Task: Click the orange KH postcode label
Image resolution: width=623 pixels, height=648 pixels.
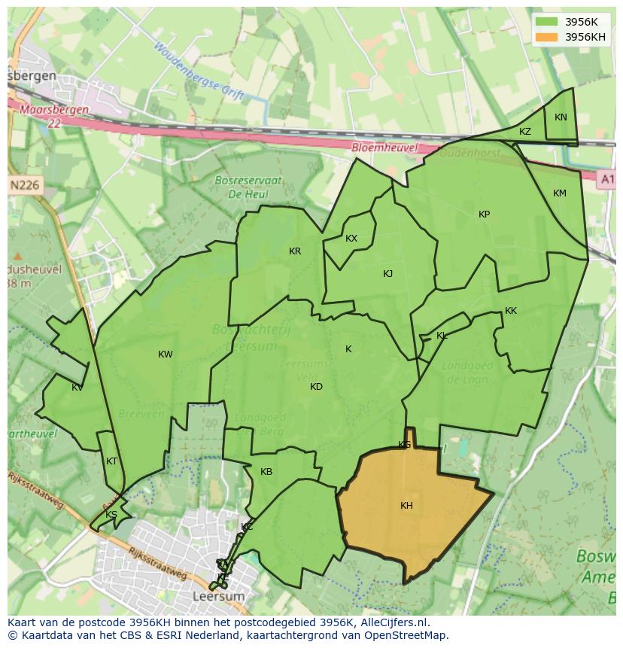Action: (406, 506)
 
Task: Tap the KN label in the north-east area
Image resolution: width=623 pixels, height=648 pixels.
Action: (561, 117)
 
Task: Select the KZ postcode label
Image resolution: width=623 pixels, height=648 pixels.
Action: (525, 132)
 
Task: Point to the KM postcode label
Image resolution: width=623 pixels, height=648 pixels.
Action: (559, 193)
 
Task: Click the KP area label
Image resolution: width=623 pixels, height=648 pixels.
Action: (484, 214)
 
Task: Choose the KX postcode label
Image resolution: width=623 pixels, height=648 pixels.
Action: (351, 239)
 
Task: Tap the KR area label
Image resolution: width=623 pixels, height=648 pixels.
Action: (295, 251)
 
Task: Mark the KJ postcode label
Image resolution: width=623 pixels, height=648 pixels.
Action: (387, 274)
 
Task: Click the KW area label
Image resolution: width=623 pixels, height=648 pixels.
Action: (166, 354)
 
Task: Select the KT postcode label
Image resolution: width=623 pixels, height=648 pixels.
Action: (112, 461)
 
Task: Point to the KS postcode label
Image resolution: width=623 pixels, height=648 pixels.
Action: (111, 515)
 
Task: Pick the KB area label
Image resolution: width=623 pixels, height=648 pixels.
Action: (266, 472)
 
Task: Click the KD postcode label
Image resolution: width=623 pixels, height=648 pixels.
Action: (316, 387)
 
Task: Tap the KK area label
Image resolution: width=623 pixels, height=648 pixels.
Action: (511, 311)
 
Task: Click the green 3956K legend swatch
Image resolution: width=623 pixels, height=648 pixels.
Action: (547, 22)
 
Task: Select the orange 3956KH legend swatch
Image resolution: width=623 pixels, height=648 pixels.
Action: (547, 37)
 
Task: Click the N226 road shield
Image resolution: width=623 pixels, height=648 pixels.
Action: (26, 185)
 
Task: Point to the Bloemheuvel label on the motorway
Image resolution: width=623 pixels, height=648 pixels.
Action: (384, 148)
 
